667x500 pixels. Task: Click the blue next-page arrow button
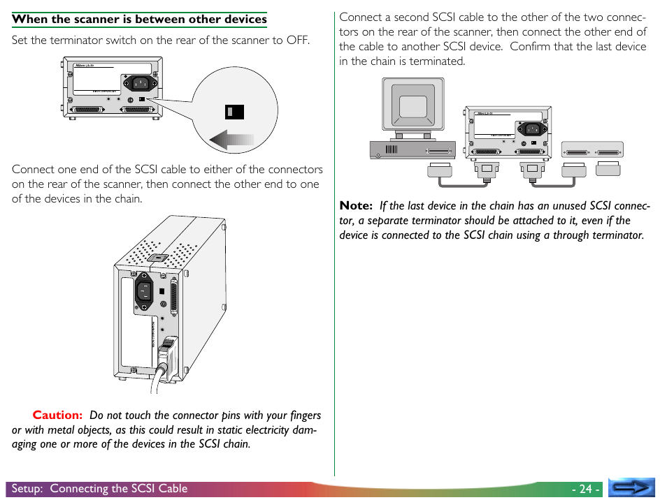coord(631,487)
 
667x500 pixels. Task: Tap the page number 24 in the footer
coord(585,489)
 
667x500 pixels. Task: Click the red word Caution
coord(57,415)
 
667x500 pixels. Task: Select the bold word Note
coord(355,205)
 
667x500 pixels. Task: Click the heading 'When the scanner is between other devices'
coord(139,19)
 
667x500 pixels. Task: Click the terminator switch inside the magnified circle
coord(234,111)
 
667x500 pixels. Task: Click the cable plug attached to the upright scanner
coord(168,352)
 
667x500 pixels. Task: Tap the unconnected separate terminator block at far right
coord(608,168)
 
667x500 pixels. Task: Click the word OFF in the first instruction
coord(296,40)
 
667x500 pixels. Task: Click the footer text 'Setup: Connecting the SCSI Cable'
coord(99,489)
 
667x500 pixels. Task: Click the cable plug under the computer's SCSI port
coord(438,169)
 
